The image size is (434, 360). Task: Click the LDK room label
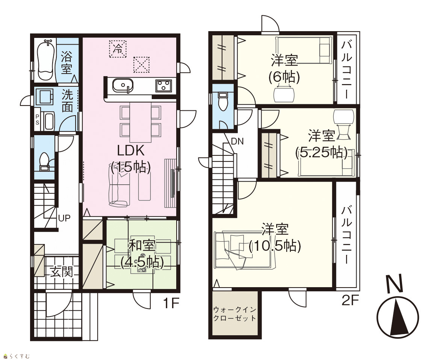click(x=131, y=159)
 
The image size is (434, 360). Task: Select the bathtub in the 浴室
click(x=45, y=60)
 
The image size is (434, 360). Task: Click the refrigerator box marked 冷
click(x=118, y=49)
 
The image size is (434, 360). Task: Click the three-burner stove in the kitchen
click(x=163, y=85)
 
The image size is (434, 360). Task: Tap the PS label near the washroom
click(x=37, y=120)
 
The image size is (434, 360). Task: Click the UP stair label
click(x=64, y=218)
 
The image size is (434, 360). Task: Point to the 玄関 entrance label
click(x=62, y=272)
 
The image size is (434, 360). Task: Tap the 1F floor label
click(x=171, y=303)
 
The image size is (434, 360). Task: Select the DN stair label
click(x=237, y=142)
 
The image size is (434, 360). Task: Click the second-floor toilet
click(x=222, y=101)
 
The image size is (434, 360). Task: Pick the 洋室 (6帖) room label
click(x=284, y=69)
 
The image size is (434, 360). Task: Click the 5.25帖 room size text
click(x=321, y=152)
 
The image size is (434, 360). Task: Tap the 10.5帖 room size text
click(x=275, y=246)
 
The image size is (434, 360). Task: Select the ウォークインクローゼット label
click(x=235, y=313)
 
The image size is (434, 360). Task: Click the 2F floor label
click(x=350, y=300)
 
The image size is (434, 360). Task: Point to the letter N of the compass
click(x=395, y=284)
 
